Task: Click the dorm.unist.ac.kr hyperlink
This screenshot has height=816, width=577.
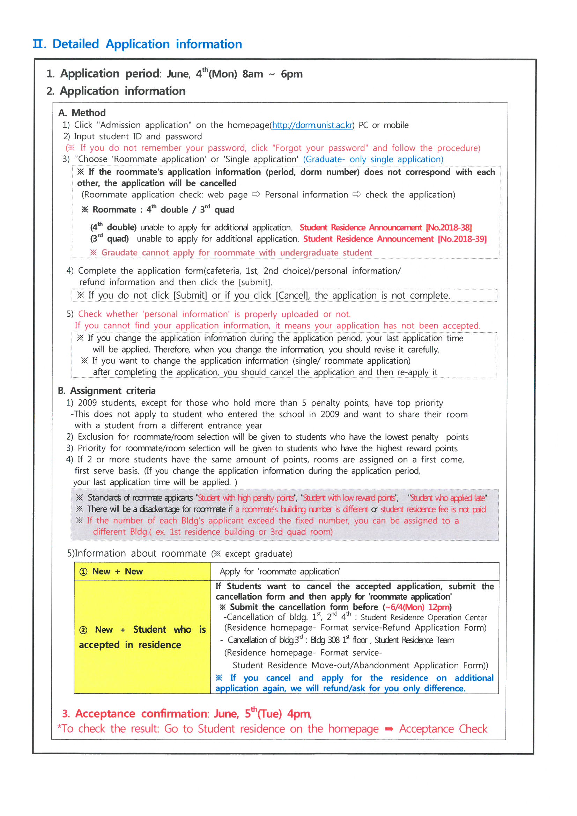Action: pyautogui.click(x=312, y=125)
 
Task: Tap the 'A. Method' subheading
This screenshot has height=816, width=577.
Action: pyautogui.click(x=82, y=113)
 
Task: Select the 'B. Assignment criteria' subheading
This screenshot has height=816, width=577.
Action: pyautogui.click(x=107, y=391)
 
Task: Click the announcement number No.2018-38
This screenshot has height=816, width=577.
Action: pyautogui.click(x=449, y=228)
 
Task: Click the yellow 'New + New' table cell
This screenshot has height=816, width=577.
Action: pyautogui.click(x=142, y=571)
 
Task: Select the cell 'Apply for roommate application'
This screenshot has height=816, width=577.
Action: pyautogui.click(x=280, y=571)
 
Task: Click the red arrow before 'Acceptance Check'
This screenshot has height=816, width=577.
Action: pyautogui.click(x=389, y=729)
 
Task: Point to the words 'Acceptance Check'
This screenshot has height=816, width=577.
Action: pyautogui.click(x=443, y=729)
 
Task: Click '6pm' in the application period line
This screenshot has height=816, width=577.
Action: pyautogui.click(x=291, y=74)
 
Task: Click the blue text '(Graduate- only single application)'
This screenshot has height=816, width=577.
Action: pyautogui.click(x=373, y=159)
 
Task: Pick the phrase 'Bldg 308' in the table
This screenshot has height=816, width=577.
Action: pyautogui.click(x=325, y=640)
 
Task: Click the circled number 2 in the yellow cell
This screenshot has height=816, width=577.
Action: pyautogui.click(x=83, y=630)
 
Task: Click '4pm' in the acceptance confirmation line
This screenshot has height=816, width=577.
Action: pyautogui.click(x=299, y=714)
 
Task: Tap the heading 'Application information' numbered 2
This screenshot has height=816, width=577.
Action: pyautogui.click(x=123, y=91)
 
